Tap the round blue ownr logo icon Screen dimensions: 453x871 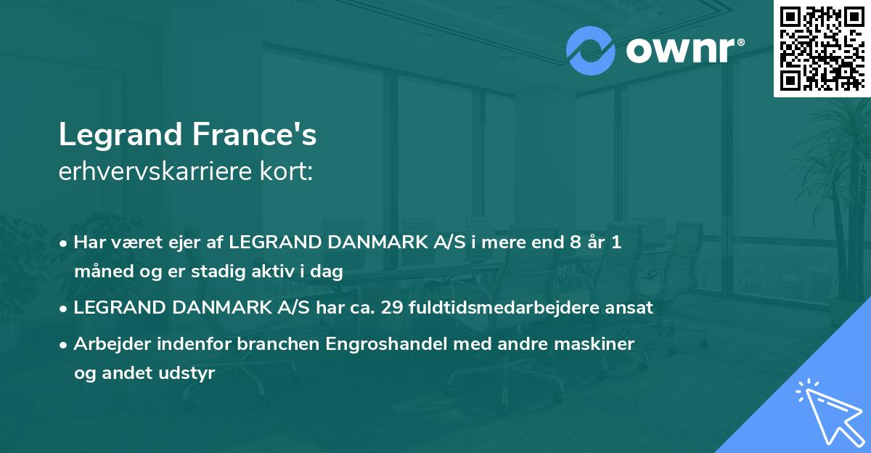tap(590, 51)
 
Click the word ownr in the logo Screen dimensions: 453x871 tap(682, 51)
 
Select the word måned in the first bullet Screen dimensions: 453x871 tap(99, 272)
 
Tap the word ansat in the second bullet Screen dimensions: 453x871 tap(632, 308)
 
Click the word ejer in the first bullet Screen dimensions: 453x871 tap(194, 242)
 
